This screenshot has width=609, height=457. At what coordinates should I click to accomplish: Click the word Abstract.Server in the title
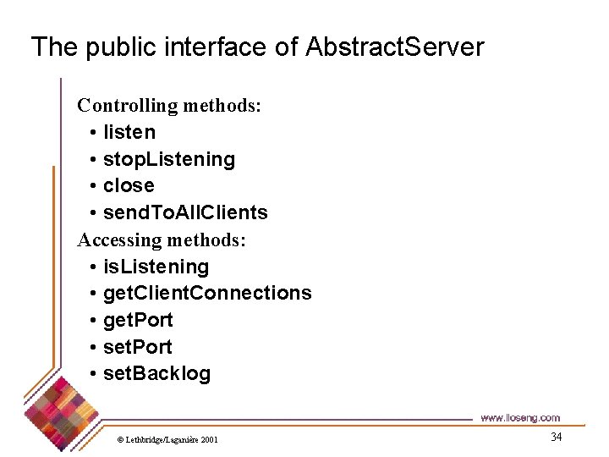coord(395,47)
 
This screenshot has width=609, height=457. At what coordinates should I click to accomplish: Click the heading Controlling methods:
coord(169,106)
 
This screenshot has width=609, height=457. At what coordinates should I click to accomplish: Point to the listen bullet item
coord(129,132)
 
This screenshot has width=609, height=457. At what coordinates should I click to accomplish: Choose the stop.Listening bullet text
coord(169,159)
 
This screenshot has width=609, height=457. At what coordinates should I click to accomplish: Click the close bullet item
coord(129,185)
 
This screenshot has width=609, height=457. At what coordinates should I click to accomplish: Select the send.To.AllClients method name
coord(185,212)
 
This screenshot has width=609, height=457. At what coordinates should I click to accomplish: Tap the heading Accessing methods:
coord(162,240)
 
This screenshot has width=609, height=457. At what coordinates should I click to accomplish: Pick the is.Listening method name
coord(156,267)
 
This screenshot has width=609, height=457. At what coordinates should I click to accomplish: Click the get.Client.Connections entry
coord(207,293)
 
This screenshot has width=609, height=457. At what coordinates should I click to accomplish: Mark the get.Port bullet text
coord(138,320)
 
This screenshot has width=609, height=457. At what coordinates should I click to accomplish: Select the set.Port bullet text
coord(137,347)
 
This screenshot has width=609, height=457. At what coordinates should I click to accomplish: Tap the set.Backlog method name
coord(156,373)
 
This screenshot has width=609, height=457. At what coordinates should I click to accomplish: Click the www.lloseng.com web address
coord(520,417)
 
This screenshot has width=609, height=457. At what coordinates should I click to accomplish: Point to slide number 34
coord(556,437)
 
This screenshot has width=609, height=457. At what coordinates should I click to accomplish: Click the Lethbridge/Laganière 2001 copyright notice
coord(167,440)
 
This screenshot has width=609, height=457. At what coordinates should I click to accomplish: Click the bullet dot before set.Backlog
coord(91,374)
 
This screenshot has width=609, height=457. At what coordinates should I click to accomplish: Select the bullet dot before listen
coord(91,133)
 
